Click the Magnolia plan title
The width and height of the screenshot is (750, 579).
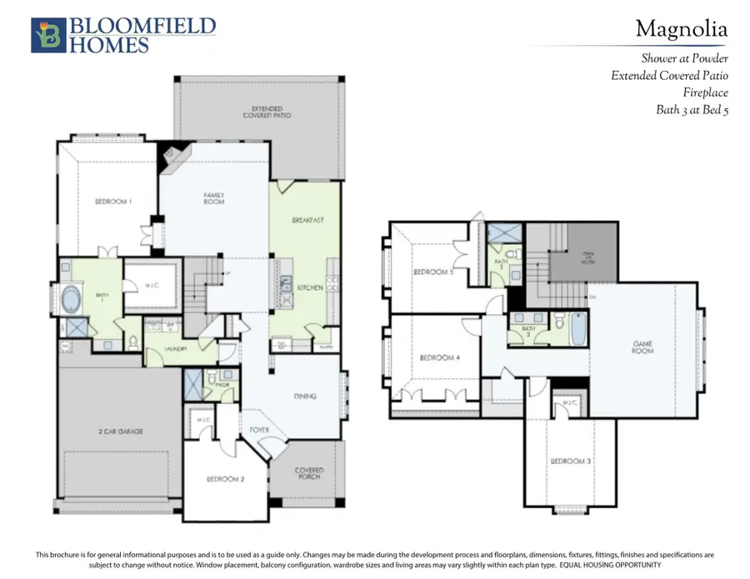pyautogui.click(x=681, y=29)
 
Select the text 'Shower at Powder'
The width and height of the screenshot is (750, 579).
pyautogui.click(x=684, y=59)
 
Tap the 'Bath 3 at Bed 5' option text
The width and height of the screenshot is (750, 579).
pyautogui.click(x=692, y=109)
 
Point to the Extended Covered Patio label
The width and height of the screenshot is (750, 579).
pyautogui.click(x=262, y=112)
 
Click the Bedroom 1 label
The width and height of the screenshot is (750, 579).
pyautogui.click(x=112, y=201)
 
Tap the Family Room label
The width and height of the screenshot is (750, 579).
pyautogui.click(x=214, y=198)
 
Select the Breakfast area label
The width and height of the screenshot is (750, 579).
pyautogui.click(x=307, y=220)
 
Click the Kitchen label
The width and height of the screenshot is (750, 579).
pyautogui.click(x=309, y=287)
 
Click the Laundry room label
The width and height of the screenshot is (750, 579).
pyautogui.click(x=175, y=349)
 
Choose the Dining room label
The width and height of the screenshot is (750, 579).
pyautogui.click(x=304, y=397)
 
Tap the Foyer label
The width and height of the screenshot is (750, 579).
pyautogui.click(x=259, y=430)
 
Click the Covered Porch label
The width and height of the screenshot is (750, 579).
pyautogui.click(x=309, y=474)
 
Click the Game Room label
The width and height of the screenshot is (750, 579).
pyautogui.click(x=642, y=347)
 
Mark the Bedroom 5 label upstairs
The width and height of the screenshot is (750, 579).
pyautogui.click(x=432, y=272)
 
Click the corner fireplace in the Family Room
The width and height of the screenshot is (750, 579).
pyautogui.click(x=176, y=156)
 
